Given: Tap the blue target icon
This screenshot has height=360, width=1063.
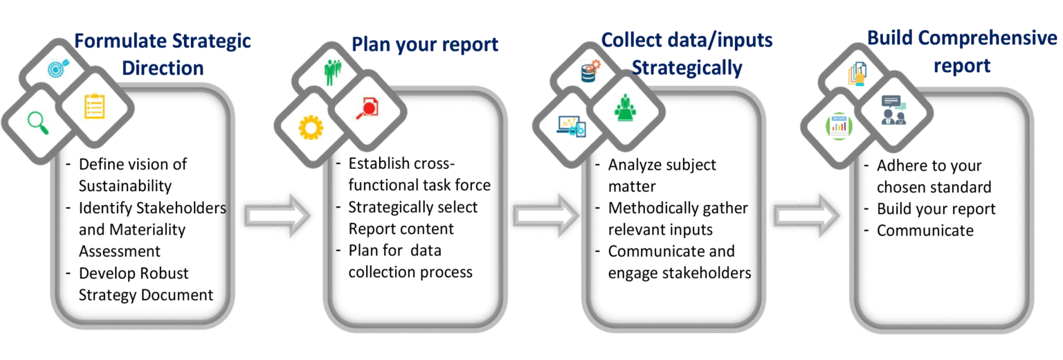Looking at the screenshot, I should (56, 69).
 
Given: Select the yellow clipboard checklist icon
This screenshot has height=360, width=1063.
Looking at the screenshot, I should (94, 106).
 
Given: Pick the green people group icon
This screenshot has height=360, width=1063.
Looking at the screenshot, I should (332, 71).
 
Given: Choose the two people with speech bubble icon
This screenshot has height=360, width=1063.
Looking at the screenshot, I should (893, 109).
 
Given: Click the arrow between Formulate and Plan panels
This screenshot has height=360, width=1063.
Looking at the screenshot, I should (278, 216).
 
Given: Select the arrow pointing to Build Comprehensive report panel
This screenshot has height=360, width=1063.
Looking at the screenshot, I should (806, 216).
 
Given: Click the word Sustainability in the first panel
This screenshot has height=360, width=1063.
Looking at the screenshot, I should (125, 186).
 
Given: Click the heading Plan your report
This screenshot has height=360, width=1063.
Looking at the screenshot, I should (425, 45).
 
